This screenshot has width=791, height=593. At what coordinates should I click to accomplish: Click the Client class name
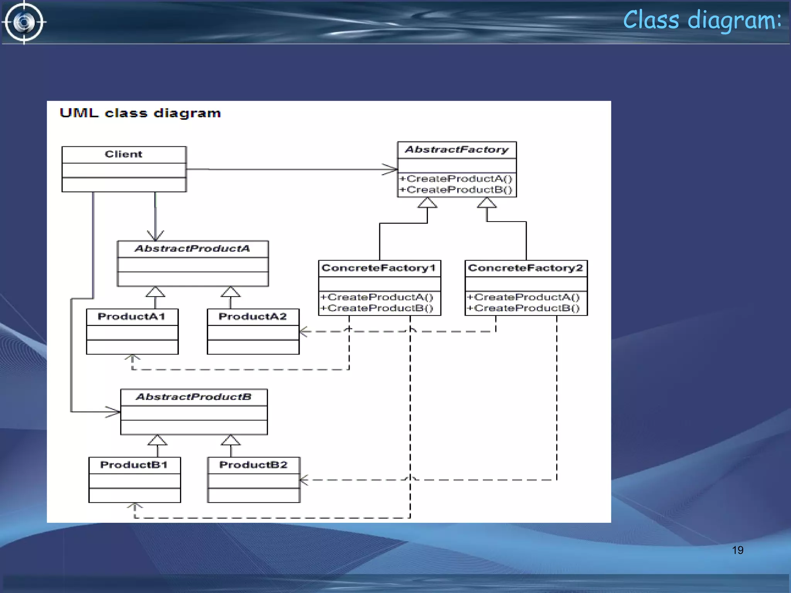point(124,154)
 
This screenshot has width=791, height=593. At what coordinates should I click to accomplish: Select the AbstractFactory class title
point(457,150)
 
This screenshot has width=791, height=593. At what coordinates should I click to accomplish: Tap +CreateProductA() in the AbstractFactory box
point(456,179)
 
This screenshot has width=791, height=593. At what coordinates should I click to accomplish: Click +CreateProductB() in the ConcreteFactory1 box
point(377,308)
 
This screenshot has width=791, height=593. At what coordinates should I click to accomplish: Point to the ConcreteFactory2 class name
point(525,268)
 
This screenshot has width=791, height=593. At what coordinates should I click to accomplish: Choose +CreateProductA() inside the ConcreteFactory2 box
point(523,297)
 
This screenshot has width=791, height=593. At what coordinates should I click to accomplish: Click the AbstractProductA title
point(192,249)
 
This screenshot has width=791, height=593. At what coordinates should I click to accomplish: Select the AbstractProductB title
point(194,397)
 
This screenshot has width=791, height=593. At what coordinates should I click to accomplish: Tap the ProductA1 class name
point(131,317)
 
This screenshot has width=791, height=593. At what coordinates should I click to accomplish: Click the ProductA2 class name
point(253,317)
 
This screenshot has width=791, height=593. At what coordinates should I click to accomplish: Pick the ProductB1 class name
point(134,465)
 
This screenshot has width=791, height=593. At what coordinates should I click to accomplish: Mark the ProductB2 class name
point(253,465)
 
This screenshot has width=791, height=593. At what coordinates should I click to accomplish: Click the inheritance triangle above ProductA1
point(155,292)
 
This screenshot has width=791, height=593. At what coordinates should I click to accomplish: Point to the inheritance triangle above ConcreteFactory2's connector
point(487,203)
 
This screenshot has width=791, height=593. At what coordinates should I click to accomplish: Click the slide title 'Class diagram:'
point(702,20)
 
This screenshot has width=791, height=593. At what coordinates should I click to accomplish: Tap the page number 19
point(737,550)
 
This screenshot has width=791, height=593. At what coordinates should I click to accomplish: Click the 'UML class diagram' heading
point(140,113)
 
